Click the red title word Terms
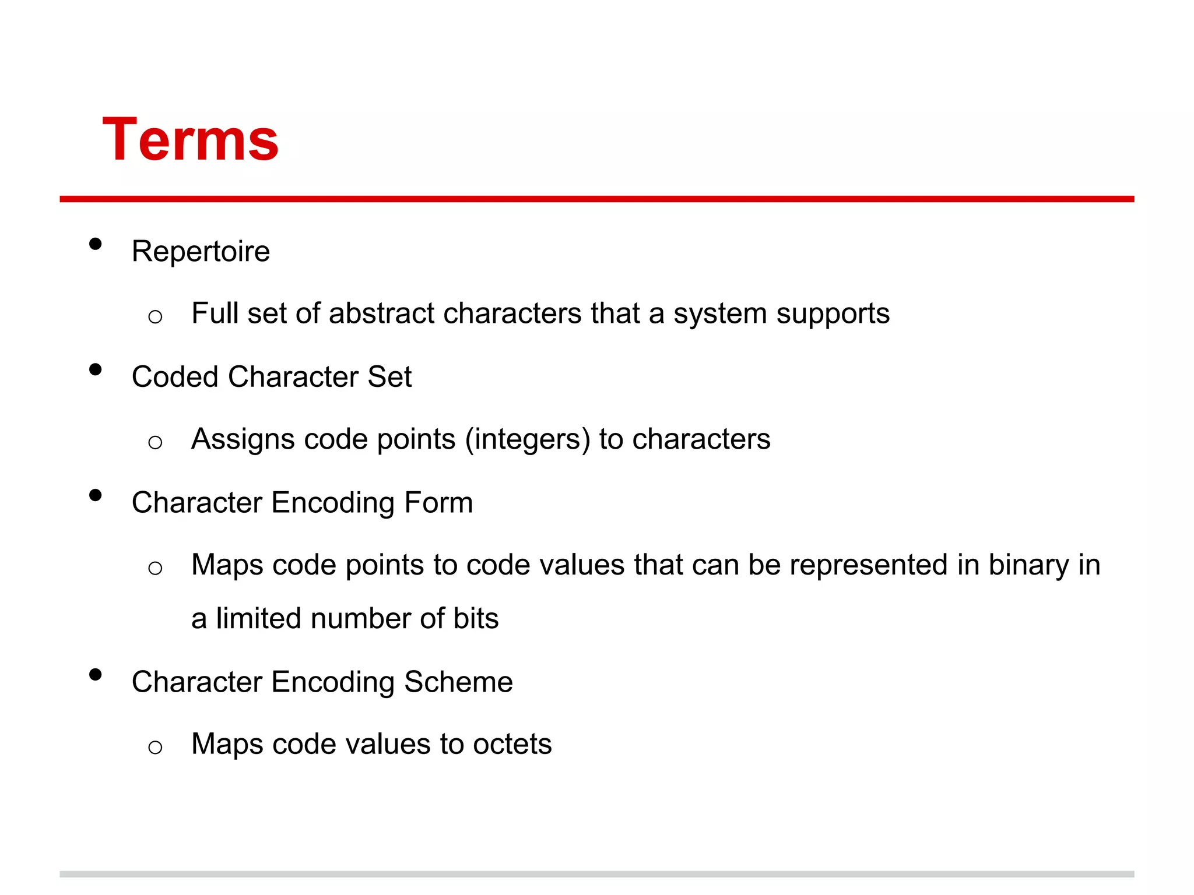point(191,140)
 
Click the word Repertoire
point(201,252)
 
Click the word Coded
point(175,377)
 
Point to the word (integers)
point(528,440)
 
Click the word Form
point(438,503)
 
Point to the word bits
point(476,619)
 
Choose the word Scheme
point(458,682)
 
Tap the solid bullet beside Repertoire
point(96,244)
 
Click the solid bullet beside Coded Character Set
point(96,369)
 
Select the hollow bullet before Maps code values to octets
point(155,748)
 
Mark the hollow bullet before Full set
point(155,317)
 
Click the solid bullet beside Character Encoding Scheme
point(96,675)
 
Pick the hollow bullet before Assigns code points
point(155,443)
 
